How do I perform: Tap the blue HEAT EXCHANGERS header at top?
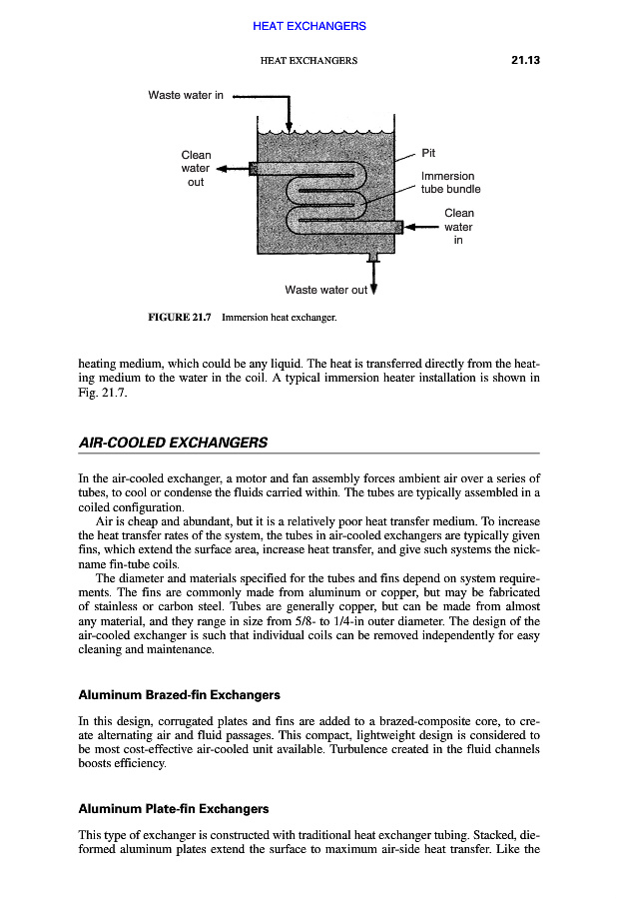click(x=308, y=26)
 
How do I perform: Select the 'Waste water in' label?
click(x=186, y=96)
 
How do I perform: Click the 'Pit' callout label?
click(x=428, y=154)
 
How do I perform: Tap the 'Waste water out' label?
click(x=325, y=291)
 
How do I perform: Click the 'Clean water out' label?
click(x=196, y=169)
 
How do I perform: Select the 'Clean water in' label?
click(x=458, y=226)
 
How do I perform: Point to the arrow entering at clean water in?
click(x=424, y=227)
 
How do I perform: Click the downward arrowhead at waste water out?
click(x=374, y=291)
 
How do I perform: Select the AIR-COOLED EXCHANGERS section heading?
click(x=172, y=442)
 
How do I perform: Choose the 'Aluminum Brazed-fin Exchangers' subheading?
click(x=179, y=694)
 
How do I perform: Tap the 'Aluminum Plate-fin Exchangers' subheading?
click(x=173, y=808)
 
